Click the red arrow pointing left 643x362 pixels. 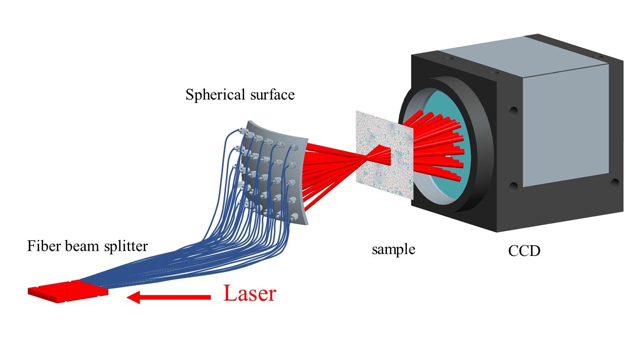click(168, 298)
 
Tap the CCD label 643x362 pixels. click(524, 250)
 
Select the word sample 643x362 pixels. click(393, 249)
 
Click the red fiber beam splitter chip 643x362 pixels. click(68, 289)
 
